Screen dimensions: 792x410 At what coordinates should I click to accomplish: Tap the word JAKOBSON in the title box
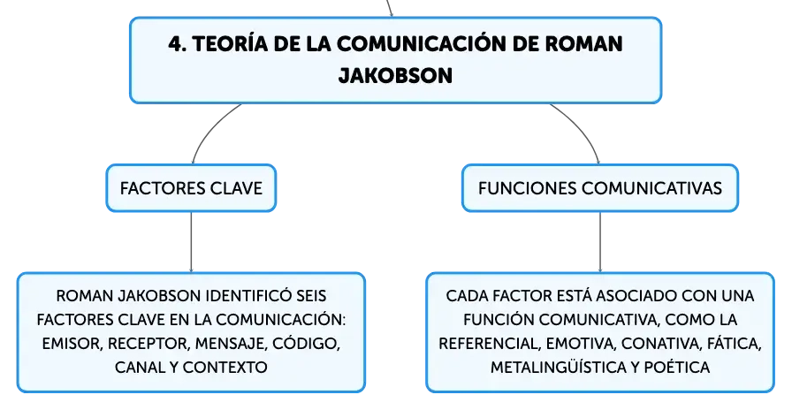tap(395, 76)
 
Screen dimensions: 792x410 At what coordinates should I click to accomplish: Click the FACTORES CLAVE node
tap(191, 188)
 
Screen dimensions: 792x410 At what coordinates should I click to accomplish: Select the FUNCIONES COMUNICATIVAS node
tap(600, 188)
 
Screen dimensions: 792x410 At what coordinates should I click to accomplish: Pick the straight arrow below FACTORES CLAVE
tap(191, 242)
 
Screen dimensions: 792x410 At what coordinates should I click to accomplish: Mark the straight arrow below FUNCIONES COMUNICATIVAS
tap(600, 242)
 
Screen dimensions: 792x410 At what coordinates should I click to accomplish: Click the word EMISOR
tap(72, 344)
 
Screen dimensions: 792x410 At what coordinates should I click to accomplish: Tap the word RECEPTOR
tap(149, 344)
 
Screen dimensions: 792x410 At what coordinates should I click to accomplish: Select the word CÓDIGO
tap(306, 344)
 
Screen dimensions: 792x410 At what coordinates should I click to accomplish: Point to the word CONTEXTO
tap(225, 367)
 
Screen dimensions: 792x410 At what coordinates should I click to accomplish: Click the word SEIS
tap(311, 295)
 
